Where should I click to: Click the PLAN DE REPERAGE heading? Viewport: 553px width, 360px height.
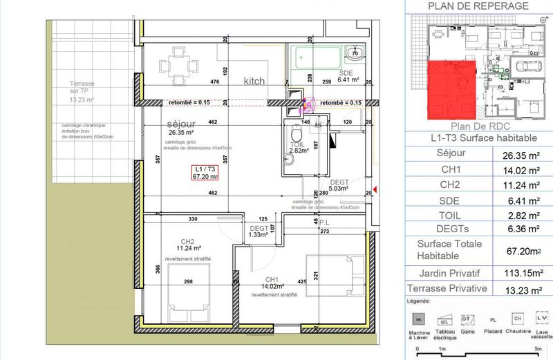(478, 6)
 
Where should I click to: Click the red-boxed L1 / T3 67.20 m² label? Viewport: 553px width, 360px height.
(205, 173)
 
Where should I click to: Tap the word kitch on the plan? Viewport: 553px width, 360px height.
(254, 82)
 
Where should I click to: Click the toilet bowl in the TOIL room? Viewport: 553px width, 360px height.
(295, 133)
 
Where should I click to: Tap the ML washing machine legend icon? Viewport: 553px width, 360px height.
(418, 319)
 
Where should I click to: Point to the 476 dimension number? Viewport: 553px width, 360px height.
(214, 82)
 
